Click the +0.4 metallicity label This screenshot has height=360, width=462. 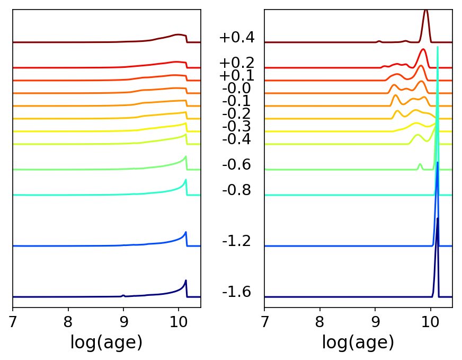[x=236, y=38]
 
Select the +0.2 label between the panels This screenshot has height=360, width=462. [x=236, y=63]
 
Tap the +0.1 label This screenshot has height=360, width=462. [x=236, y=75]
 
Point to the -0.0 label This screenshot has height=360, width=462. [x=236, y=88]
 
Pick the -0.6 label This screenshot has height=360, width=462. [x=236, y=164]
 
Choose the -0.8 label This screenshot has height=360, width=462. [x=236, y=190]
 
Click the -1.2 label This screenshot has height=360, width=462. [x=236, y=241]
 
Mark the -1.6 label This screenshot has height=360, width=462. [x=236, y=292]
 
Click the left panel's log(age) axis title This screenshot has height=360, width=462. [x=106, y=343]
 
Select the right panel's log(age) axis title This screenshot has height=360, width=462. [x=358, y=343]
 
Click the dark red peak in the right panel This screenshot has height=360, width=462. [x=426, y=12]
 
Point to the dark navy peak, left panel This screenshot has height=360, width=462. [x=185, y=281]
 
